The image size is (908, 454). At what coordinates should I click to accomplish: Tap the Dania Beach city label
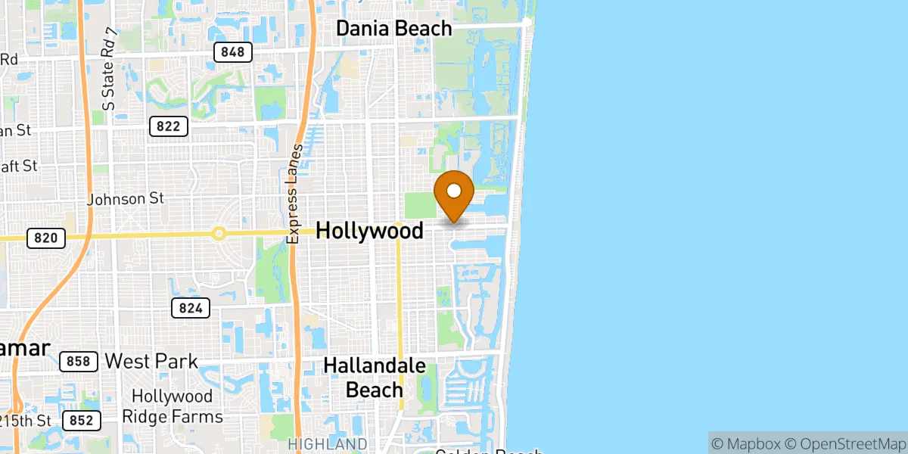[x=393, y=29]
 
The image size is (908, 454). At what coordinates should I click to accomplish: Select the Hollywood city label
[x=369, y=231]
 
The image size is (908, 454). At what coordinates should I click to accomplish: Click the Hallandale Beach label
[x=375, y=378]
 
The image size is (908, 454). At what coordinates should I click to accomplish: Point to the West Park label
[x=151, y=361]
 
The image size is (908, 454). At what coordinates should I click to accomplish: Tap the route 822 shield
[x=169, y=126]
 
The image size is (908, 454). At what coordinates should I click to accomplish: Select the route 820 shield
[x=46, y=238]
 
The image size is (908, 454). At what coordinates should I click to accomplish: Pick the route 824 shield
[x=190, y=308]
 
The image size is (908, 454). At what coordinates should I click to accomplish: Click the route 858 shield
[x=78, y=362]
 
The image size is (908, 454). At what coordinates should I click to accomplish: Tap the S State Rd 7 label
[x=110, y=70]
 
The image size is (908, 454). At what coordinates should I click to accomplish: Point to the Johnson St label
[x=126, y=199]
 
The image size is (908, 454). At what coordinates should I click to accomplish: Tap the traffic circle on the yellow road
[x=219, y=234]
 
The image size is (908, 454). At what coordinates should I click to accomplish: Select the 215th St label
[x=26, y=420]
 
